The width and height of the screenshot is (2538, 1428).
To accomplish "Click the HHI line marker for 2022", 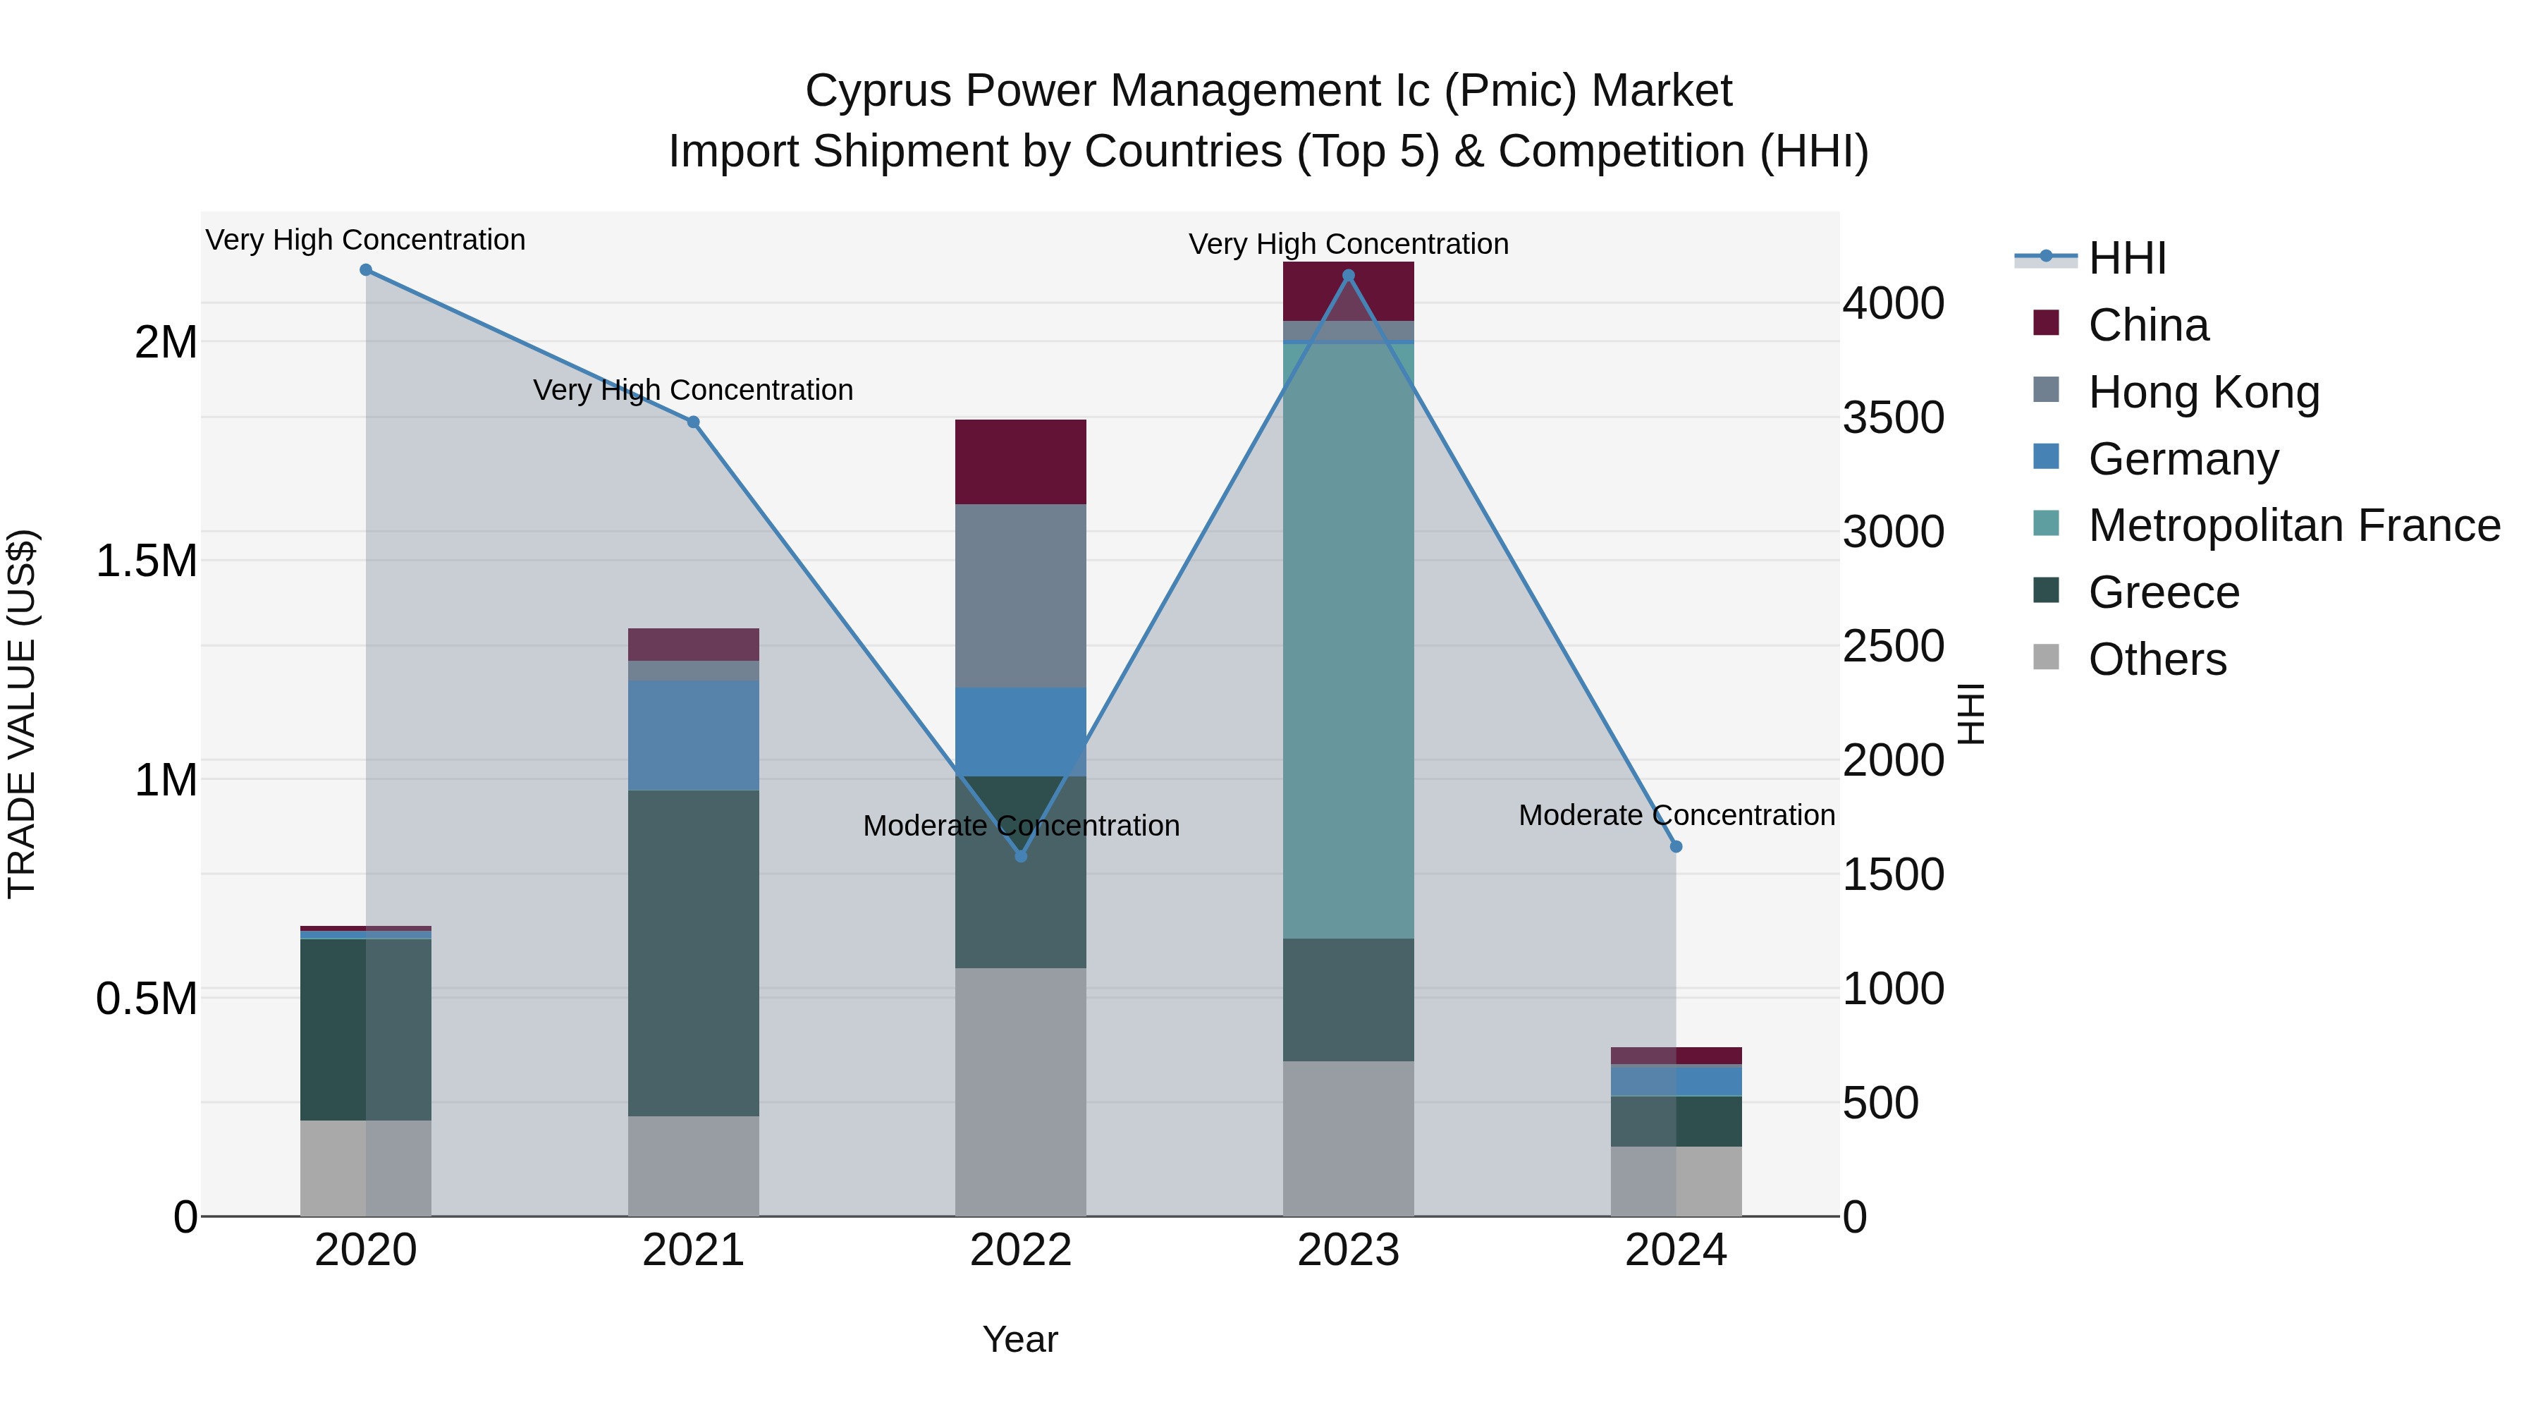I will [x=1021, y=856].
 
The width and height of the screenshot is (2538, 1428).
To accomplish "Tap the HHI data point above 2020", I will [x=365, y=270].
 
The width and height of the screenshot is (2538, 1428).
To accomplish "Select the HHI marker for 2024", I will [x=1676, y=846].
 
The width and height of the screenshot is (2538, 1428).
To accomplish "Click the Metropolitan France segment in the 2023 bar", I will [x=1348, y=640].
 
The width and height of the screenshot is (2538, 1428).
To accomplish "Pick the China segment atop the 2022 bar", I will [x=1021, y=462].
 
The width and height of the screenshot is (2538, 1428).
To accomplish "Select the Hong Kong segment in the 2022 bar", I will [x=1021, y=595].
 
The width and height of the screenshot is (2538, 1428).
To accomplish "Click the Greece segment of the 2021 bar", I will [x=694, y=952].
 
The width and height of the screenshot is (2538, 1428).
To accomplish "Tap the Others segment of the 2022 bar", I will [x=1021, y=1091].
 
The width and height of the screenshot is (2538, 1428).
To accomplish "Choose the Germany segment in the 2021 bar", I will [x=694, y=736].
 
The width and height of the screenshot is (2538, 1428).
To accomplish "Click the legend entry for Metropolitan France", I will [x=2293, y=525].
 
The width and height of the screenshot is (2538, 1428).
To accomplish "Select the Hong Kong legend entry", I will [x=2203, y=392].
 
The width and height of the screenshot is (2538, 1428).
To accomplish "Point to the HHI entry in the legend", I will [x=2126, y=258].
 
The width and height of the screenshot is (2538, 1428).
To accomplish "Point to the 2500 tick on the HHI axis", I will [x=1893, y=647].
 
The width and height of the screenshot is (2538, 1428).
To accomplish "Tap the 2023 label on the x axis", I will [x=1348, y=1250].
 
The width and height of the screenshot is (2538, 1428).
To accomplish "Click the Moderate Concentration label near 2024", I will [x=1676, y=815].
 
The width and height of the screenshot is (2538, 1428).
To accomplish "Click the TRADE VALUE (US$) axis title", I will [x=22, y=714].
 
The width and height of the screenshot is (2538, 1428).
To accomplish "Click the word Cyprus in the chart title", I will [x=879, y=91].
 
